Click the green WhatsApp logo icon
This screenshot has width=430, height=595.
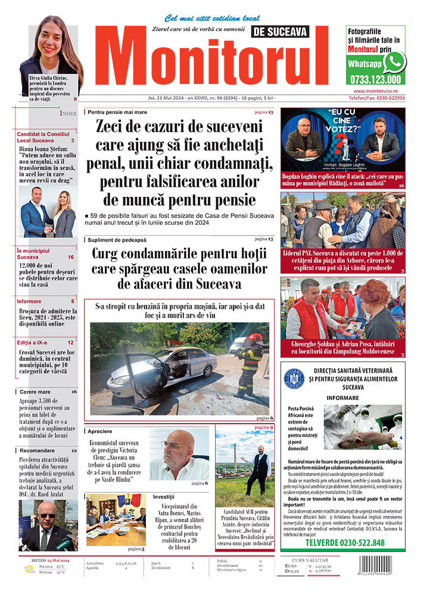pyautogui.click(x=394, y=61)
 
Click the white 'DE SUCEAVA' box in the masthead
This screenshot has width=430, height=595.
pyautogui.click(x=279, y=31)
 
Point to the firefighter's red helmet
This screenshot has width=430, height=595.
pyautogui.click(x=255, y=337)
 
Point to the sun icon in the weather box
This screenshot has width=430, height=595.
pyautogui.click(x=28, y=568)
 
